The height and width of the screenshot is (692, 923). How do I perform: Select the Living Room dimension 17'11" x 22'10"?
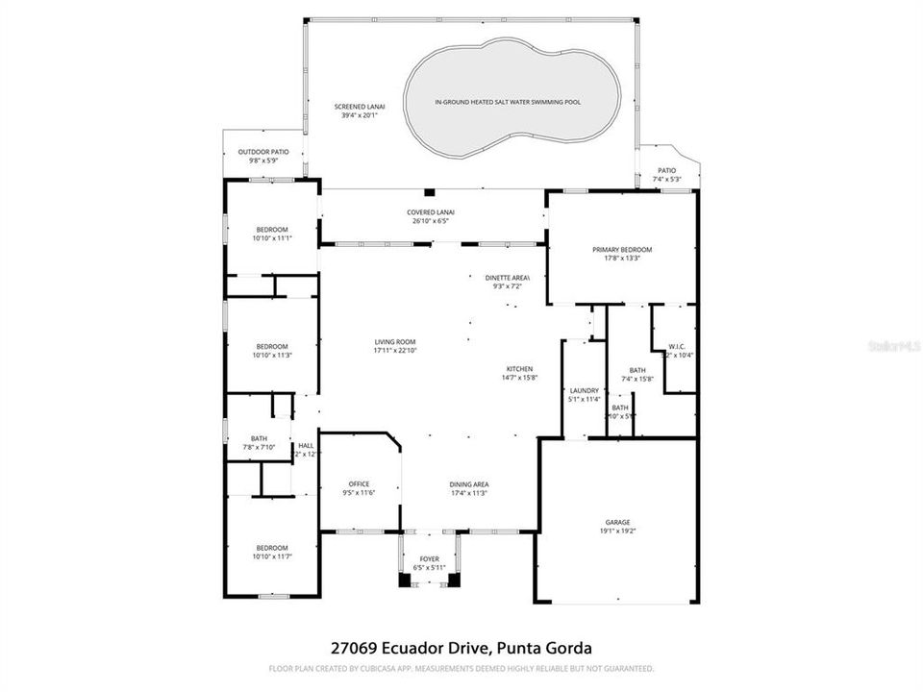tap(395, 351)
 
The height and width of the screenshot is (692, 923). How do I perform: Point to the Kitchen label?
tap(520, 369)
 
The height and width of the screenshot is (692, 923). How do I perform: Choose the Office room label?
tap(359, 483)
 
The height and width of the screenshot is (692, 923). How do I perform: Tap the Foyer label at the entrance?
tap(429, 558)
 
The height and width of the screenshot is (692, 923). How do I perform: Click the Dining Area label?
tap(469, 483)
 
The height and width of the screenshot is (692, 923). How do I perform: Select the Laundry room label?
tap(584, 390)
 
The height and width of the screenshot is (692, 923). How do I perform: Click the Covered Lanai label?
tap(431, 211)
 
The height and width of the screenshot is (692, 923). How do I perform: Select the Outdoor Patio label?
tap(263, 151)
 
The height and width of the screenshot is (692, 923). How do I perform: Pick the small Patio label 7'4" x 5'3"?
tap(666, 170)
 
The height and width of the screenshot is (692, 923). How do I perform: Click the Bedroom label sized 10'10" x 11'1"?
tap(272, 229)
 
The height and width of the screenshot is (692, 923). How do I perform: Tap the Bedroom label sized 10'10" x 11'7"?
tap(272, 548)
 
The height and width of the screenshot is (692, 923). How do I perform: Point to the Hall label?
tap(306, 445)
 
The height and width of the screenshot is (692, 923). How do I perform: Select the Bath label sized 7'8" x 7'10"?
tap(259, 438)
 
